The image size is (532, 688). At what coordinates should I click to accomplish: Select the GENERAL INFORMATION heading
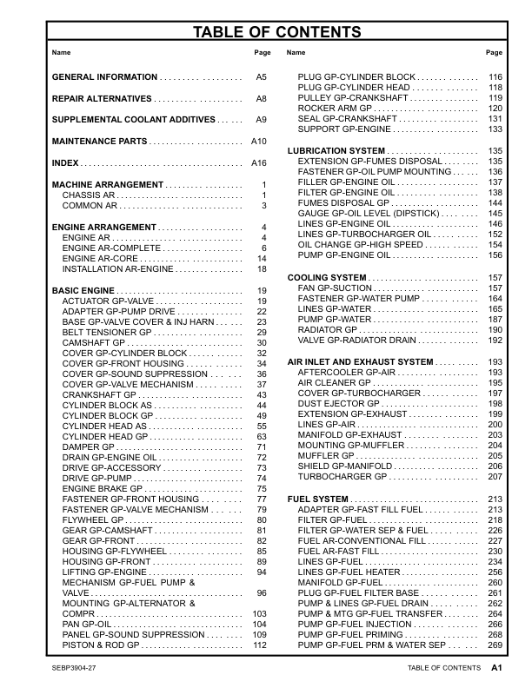[104, 77]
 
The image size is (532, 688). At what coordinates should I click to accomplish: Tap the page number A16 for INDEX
[257, 163]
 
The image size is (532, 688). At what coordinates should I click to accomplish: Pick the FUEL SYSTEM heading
[318, 499]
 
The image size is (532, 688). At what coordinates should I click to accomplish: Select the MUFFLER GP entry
[327, 456]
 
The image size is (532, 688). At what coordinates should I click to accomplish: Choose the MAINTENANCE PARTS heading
[100, 141]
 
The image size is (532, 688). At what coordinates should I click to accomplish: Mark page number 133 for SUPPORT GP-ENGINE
[495, 129]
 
